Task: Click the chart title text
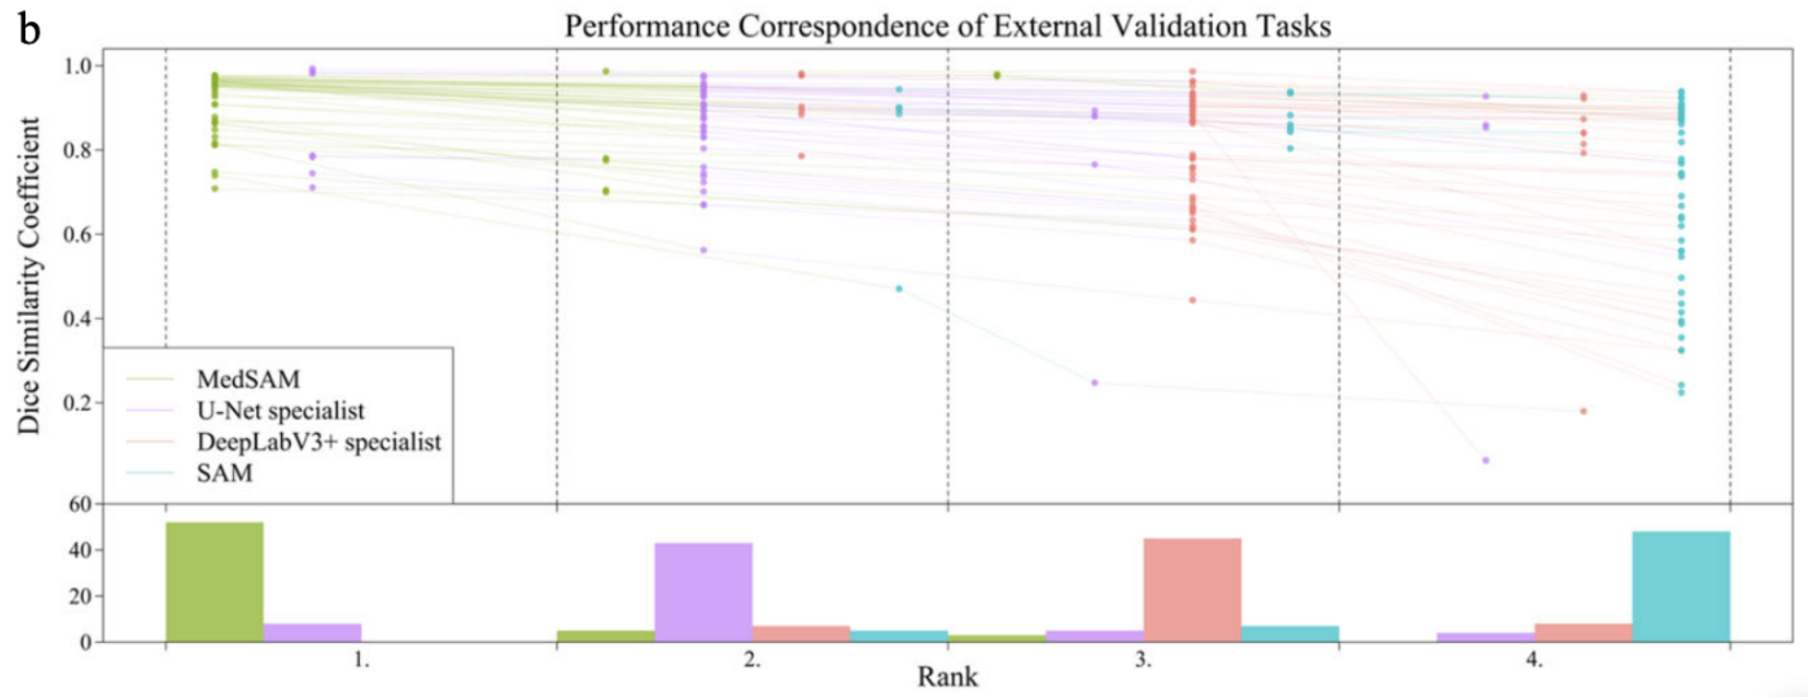(x=947, y=26)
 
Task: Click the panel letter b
(x=29, y=31)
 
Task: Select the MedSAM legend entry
(x=247, y=379)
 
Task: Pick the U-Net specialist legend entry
(x=280, y=411)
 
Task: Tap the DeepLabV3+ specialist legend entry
(x=319, y=442)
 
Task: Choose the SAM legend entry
(x=224, y=473)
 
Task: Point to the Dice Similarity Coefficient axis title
(x=29, y=276)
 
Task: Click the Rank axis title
(x=947, y=677)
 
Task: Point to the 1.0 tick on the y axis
(x=78, y=65)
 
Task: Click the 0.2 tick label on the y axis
(x=78, y=402)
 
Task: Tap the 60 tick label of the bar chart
(x=80, y=503)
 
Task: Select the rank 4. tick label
(x=1535, y=660)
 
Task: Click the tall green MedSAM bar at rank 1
(x=215, y=581)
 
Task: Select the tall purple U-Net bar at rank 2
(x=704, y=592)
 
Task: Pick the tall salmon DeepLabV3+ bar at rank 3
(x=1192, y=589)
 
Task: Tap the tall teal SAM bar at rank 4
(x=1681, y=585)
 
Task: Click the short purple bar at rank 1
(x=312, y=632)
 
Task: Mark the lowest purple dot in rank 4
(x=1485, y=460)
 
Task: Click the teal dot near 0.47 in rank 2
(x=899, y=289)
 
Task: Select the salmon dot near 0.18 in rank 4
(x=1584, y=411)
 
